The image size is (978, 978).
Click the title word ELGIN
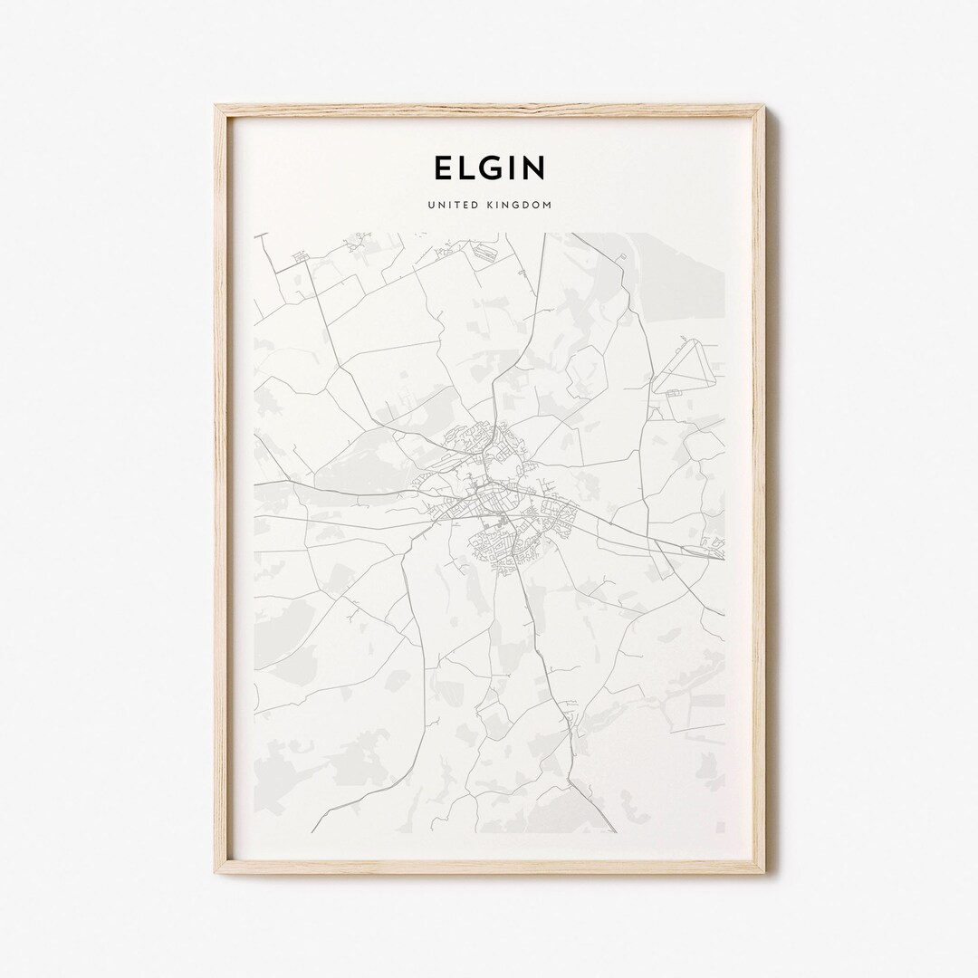(489, 168)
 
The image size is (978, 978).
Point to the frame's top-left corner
(217, 108)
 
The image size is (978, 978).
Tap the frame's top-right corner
(762, 108)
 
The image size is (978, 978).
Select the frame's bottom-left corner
(217, 871)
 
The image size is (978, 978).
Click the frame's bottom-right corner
(762, 871)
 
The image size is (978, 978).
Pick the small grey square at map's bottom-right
(721, 827)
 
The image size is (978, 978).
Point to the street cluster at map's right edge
(714, 546)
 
